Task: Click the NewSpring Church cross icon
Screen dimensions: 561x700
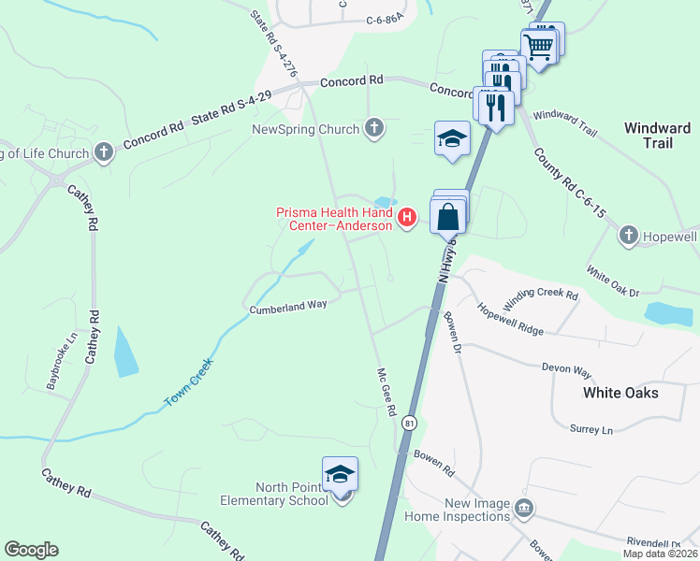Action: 374,128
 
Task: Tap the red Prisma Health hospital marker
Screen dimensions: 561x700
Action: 407,220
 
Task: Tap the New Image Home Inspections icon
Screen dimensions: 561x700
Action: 524,508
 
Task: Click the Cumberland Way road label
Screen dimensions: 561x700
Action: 287,307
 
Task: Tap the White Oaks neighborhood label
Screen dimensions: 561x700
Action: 620,393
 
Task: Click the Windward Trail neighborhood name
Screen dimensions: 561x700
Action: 657,136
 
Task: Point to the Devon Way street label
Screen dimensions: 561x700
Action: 567,369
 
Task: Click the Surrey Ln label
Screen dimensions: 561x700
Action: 591,430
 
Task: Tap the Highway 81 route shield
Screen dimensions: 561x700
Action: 409,424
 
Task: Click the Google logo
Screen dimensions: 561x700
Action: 31,550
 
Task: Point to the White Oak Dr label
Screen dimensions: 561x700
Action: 613,281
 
